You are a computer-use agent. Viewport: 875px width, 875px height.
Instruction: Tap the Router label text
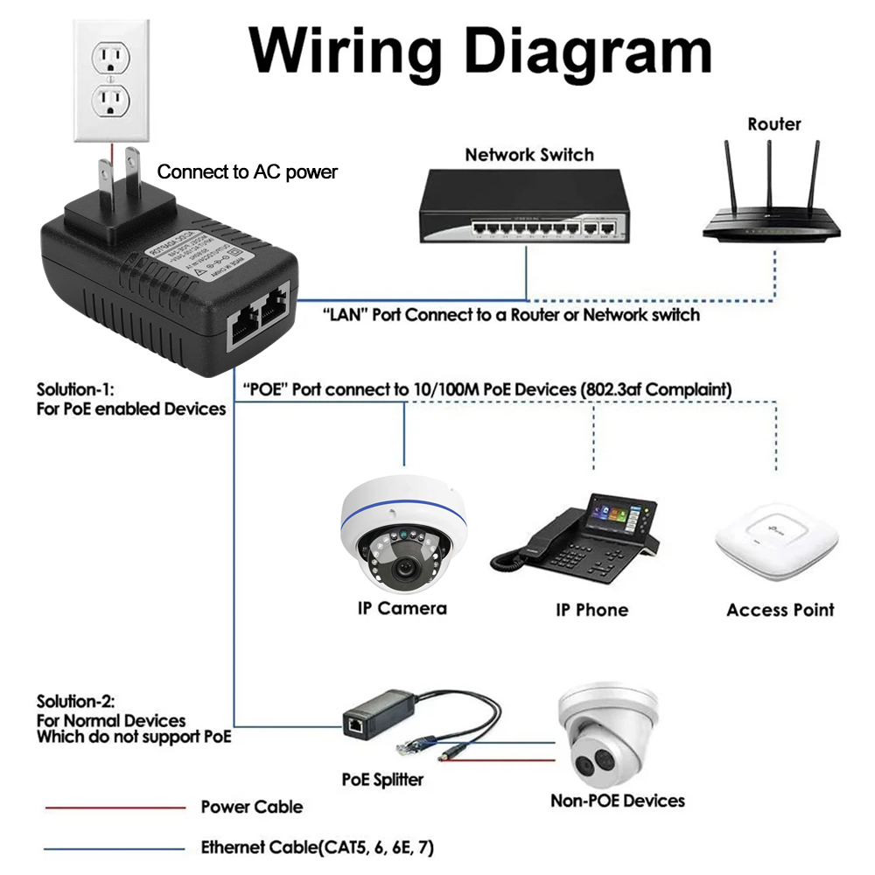(x=773, y=124)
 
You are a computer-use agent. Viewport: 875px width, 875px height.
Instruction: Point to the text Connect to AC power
(x=247, y=172)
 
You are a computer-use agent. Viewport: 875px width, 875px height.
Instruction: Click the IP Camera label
(x=402, y=608)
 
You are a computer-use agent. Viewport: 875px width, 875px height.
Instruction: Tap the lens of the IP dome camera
(x=403, y=567)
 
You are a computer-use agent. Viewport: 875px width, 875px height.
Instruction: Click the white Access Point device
(x=775, y=542)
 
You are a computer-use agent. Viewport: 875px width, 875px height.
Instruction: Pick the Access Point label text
(x=780, y=610)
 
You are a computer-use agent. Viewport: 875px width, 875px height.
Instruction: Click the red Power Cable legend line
(x=115, y=808)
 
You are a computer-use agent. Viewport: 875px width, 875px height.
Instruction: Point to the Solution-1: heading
(x=75, y=389)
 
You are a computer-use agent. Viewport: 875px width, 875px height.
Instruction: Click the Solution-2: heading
(x=76, y=701)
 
